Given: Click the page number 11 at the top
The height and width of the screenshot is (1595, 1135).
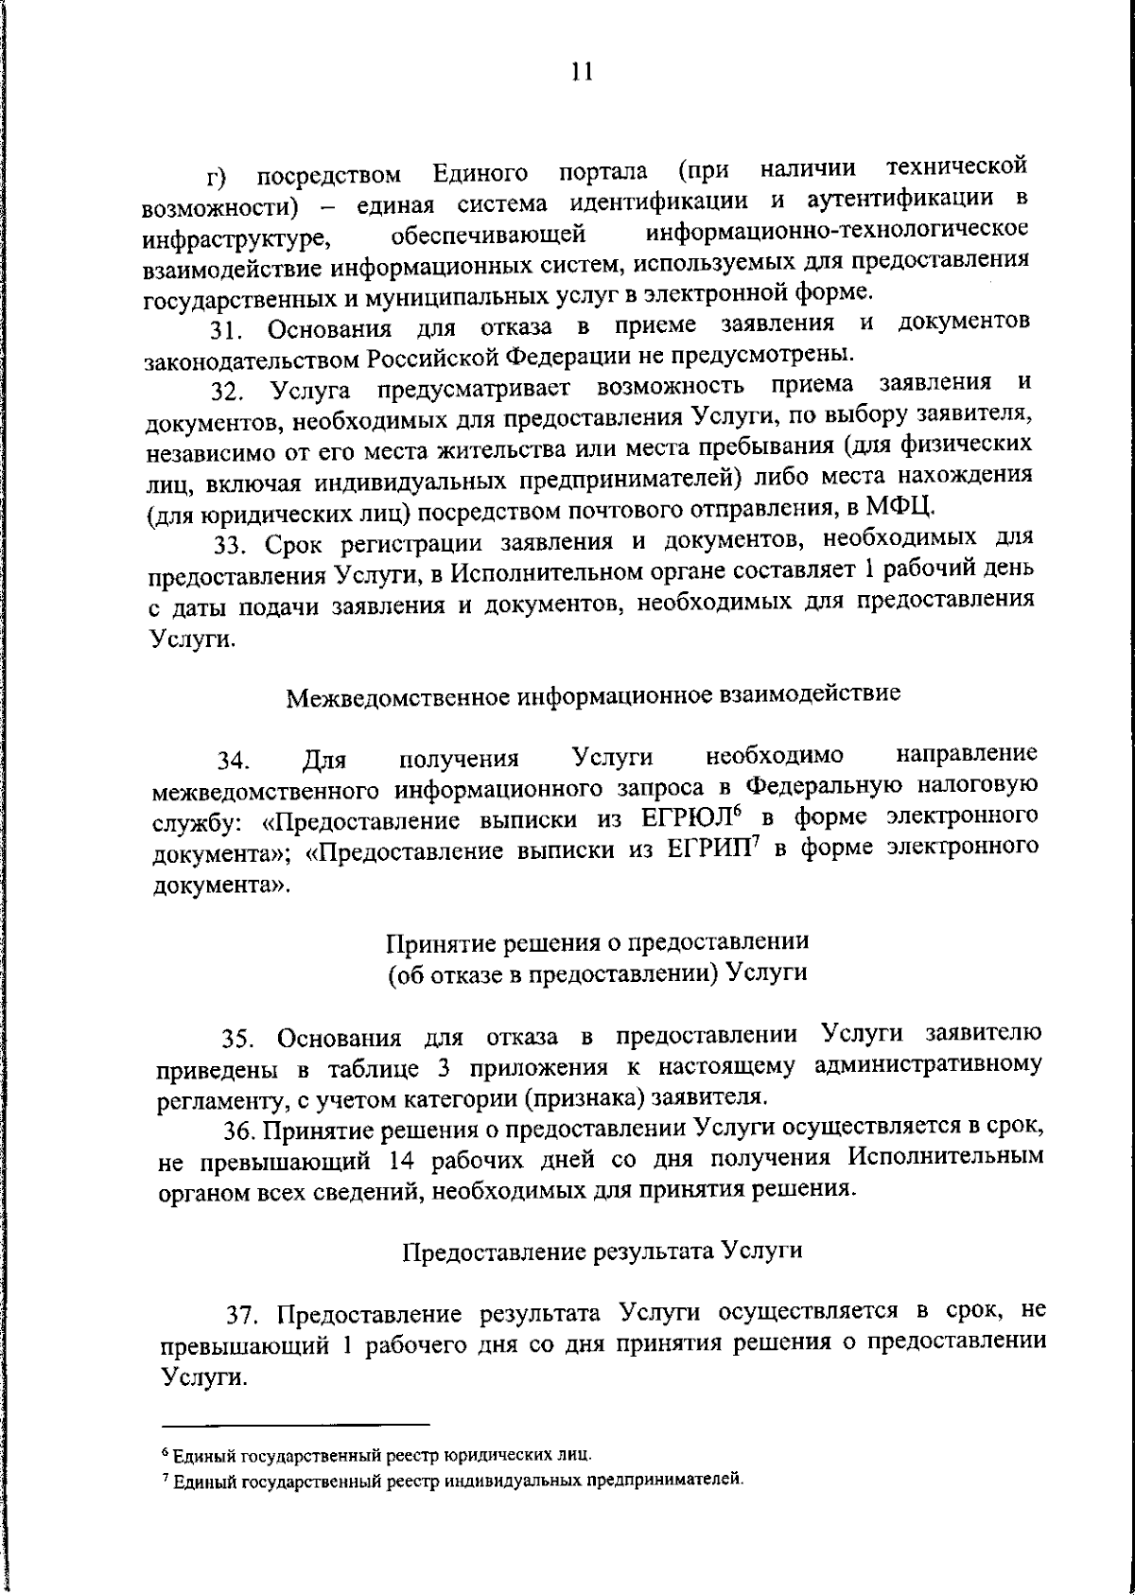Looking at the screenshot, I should [582, 73].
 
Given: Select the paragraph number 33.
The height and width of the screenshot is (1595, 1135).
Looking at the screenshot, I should [228, 546].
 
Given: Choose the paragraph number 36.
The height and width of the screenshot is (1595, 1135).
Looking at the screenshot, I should [238, 1131].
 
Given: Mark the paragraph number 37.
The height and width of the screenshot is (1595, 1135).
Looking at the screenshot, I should [241, 1316].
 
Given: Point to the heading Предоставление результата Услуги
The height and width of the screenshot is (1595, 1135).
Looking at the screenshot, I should [602, 1251].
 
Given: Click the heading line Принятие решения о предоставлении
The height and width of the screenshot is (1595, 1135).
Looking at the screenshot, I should [598, 942].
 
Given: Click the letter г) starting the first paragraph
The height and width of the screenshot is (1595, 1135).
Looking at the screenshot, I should [216, 178].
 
